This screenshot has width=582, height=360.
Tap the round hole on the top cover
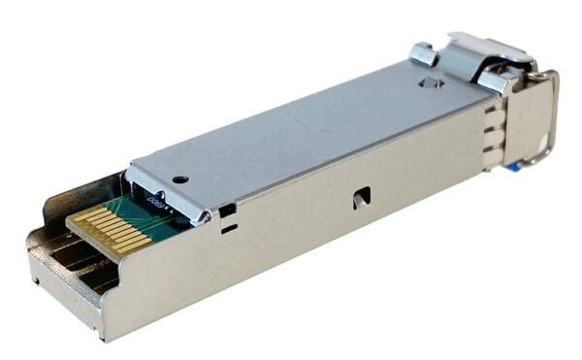(180, 179)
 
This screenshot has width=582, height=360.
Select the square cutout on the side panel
(360, 197)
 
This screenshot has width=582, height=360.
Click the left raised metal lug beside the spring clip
(423, 53)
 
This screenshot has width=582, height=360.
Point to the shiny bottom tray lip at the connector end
(58, 291)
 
